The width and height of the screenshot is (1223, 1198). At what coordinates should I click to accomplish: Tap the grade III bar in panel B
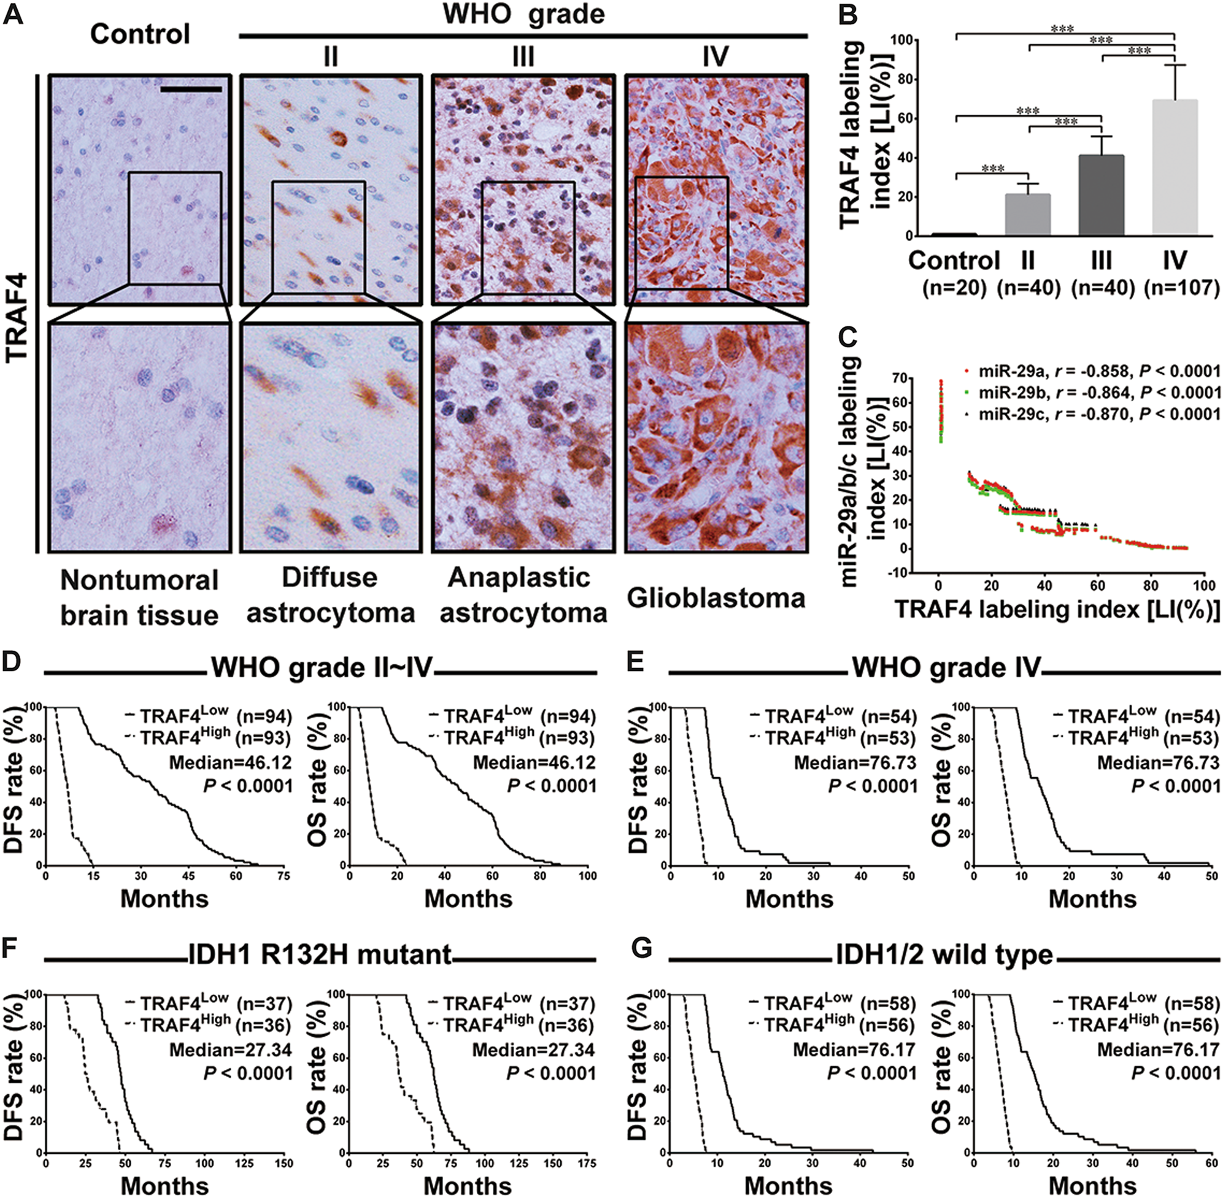[1101, 196]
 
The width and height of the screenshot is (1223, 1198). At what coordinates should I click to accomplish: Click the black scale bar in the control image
[191, 90]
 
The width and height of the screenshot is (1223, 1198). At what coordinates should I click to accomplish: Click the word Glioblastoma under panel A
[716, 597]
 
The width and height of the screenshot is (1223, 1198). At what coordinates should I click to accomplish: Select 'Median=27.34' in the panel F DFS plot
[230, 1050]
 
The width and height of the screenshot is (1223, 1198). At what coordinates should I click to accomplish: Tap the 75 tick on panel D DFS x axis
[284, 876]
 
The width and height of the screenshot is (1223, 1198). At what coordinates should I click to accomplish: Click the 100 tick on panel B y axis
[904, 40]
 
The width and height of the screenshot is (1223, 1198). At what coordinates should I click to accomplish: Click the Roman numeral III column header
[522, 56]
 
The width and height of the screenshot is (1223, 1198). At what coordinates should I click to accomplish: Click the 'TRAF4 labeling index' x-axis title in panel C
[1057, 609]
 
